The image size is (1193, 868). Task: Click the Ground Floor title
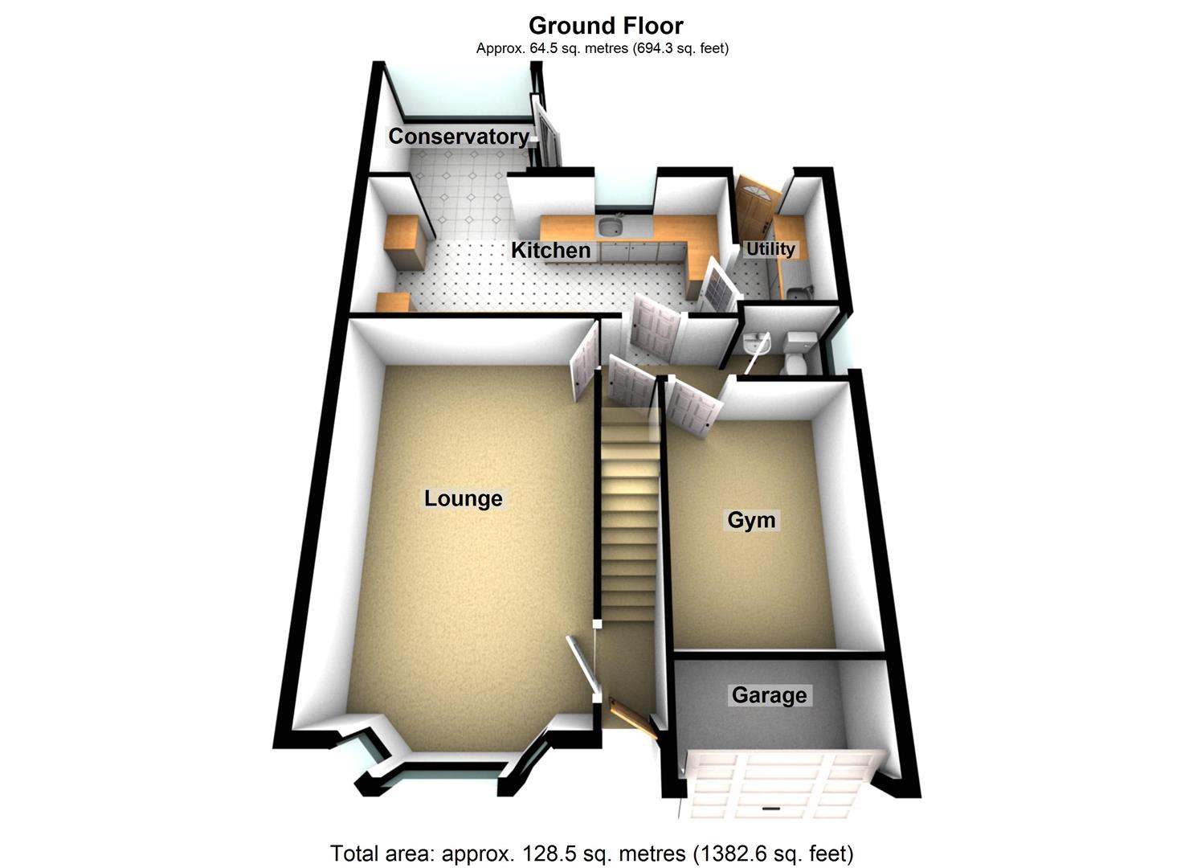click(606, 26)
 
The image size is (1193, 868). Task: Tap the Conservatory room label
click(459, 137)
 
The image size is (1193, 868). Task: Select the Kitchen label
click(550, 250)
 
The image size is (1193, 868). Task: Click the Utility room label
click(770, 249)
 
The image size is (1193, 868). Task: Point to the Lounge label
click(463, 498)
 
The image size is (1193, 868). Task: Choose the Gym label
click(751, 519)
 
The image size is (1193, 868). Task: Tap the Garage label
click(769, 695)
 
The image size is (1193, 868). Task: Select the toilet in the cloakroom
click(797, 352)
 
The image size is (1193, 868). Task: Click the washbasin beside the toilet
click(756, 344)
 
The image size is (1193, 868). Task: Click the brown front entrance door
click(635, 719)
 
